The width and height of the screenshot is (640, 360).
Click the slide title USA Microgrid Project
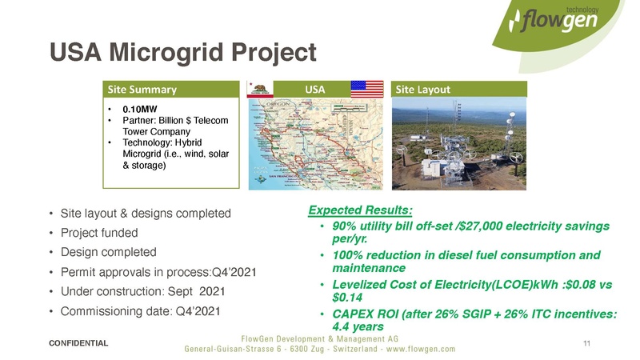183,53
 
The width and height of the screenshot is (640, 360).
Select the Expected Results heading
360,210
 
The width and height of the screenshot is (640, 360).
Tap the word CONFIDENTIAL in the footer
78,342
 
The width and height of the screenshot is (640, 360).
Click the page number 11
587,343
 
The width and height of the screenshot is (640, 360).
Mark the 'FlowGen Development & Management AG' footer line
320,338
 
